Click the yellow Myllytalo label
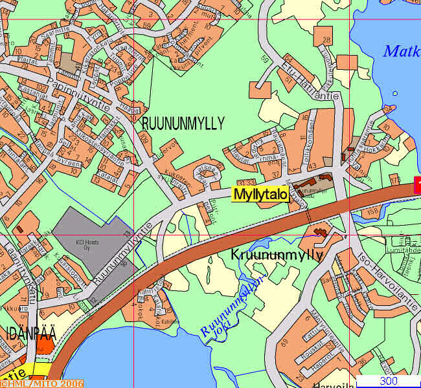click(260, 195)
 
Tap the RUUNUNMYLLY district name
click(183, 123)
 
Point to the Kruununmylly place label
click(277, 255)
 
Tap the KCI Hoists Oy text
click(90, 245)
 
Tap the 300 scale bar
click(389, 381)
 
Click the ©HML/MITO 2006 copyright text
click(42, 383)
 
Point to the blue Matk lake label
click(401, 51)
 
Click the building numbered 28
click(326, 40)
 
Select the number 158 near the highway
click(372, 211)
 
